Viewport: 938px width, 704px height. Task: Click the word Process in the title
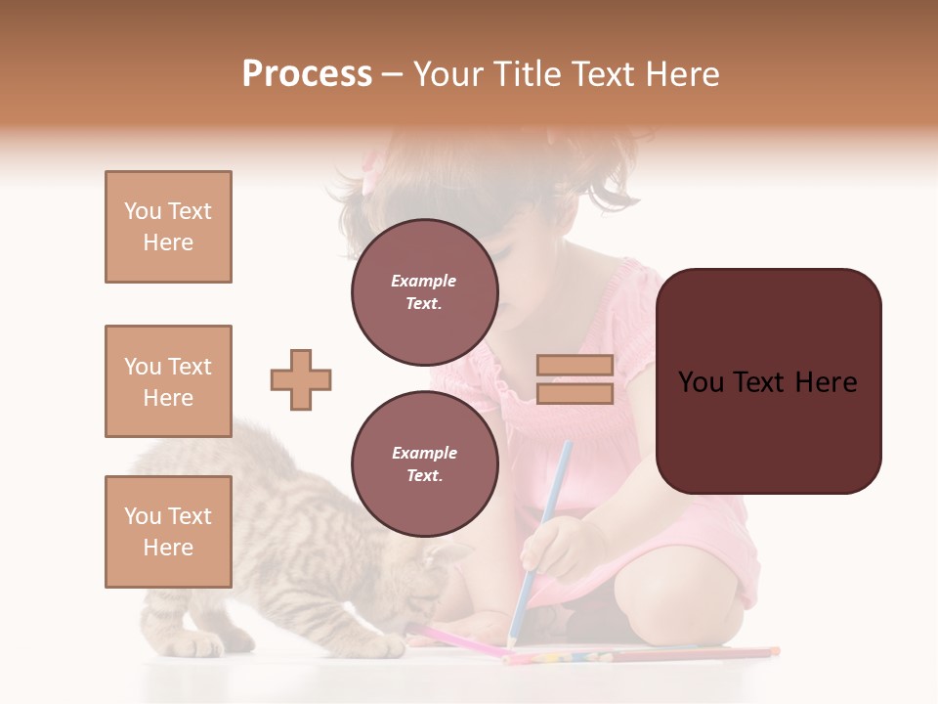pos(307,74)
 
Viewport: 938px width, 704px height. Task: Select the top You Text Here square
pos(168,227)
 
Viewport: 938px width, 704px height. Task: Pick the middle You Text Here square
pos(168,381)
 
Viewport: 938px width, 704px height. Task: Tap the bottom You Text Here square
pos(168,532)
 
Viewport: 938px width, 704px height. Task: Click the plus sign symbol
pos(301,379)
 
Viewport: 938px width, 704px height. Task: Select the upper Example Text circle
pos(425,292)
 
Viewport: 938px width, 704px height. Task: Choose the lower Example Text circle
pos(425,464)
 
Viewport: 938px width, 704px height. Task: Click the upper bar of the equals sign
pos(575,365)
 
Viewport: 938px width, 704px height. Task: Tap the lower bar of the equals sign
pos(575,394)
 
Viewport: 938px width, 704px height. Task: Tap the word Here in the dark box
pos(826,382)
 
